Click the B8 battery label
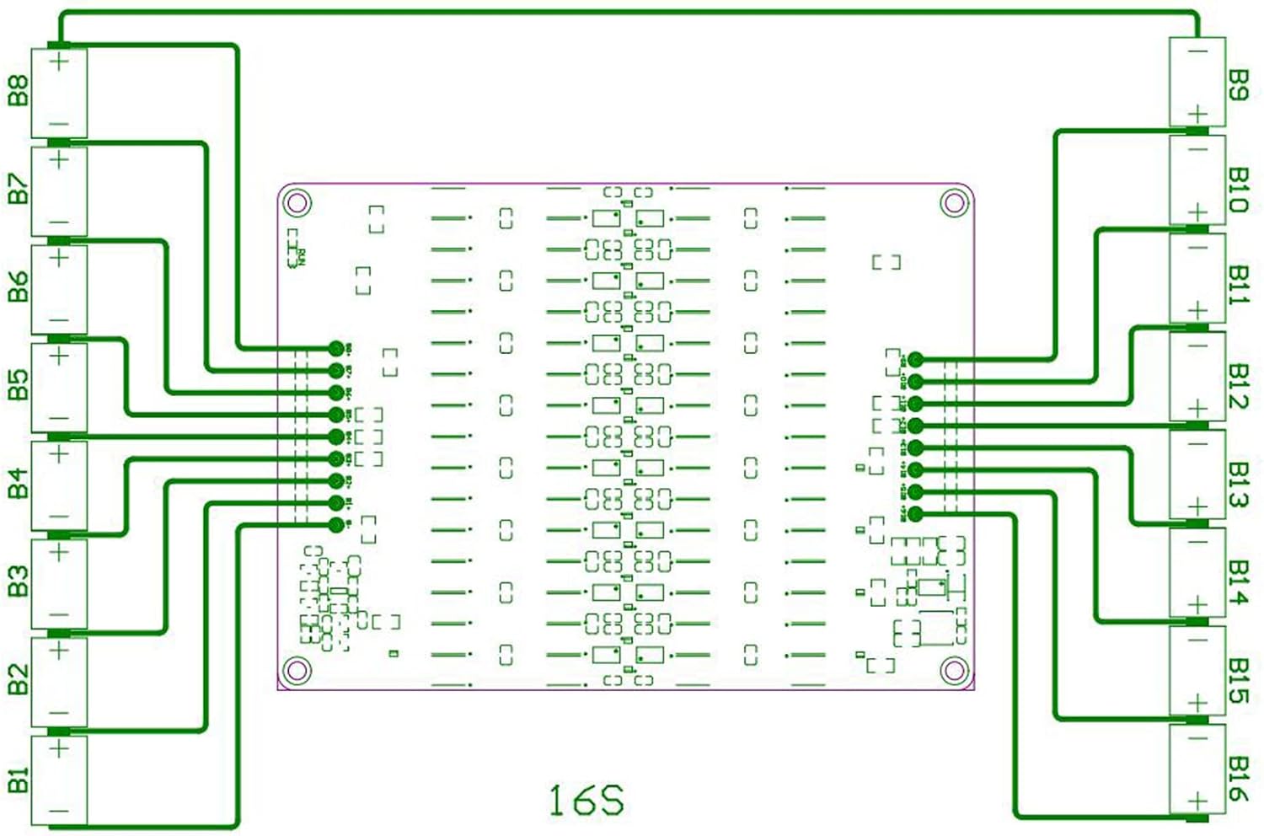18,91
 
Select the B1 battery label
18,780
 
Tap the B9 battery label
1237,85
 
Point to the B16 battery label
1237,778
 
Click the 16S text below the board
586,801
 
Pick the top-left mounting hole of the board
297,203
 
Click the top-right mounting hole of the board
953,203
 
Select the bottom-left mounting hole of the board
297,671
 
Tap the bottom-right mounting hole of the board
953,671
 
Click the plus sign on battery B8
59,62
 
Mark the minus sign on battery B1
59,812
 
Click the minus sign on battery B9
1197,51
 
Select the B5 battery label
18,385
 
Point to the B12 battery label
1237,386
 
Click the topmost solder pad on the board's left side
336,348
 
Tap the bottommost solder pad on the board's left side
336,524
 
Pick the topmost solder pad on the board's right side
916,360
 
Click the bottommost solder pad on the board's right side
916,513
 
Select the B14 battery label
1237,582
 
